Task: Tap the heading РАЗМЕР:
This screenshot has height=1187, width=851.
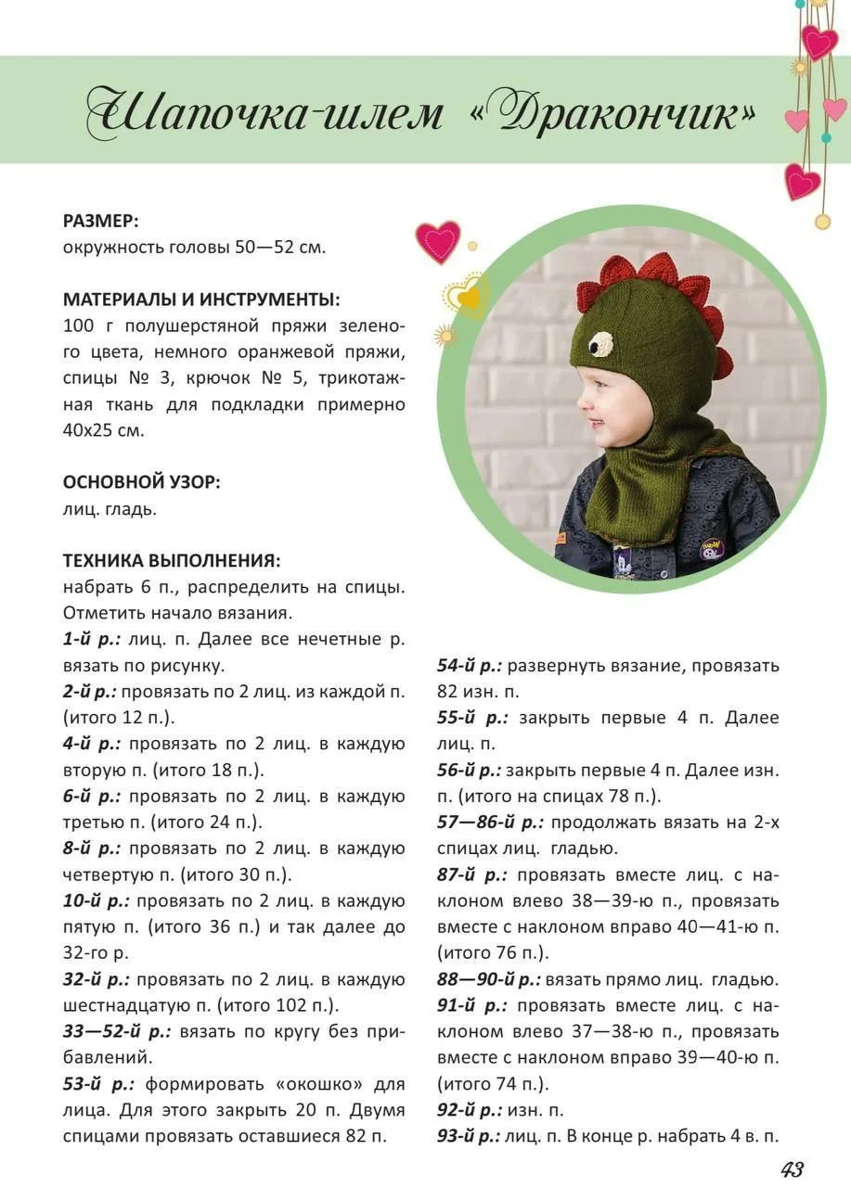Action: (100, 221)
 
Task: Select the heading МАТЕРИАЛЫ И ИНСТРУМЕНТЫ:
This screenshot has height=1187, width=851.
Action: (201, 300)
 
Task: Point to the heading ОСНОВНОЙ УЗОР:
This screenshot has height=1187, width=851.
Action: (141, 482)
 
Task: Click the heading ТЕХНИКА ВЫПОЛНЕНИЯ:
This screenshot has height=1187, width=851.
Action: (172, 561)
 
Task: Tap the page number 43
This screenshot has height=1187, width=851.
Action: (792, 1168)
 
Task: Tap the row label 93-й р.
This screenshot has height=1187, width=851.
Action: (469, 1136)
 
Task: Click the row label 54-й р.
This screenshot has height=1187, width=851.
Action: (469, 666)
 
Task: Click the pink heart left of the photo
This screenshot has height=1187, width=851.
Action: (437, 241)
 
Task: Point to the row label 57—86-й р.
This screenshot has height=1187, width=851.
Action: (492, 823)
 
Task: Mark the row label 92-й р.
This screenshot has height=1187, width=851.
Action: (469, 1110)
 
